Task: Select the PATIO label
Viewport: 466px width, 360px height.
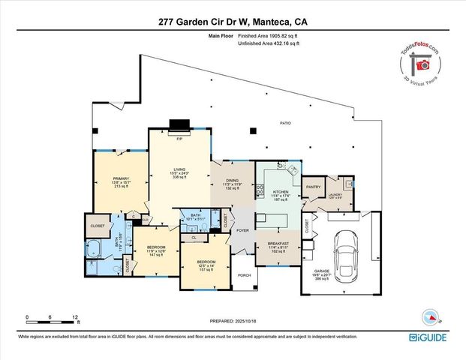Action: click(285, 123)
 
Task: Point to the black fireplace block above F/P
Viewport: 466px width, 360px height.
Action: click(180, 125)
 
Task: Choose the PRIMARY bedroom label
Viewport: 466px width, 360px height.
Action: click(121, 179)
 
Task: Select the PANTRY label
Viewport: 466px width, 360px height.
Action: click(313, 187)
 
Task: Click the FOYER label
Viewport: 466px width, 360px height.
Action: click(243, 231)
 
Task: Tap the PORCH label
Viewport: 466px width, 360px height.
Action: click(244, 274)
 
